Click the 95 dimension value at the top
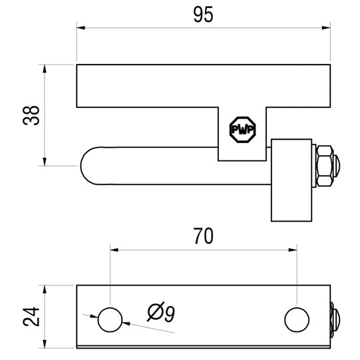[204, 15]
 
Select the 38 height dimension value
[30, 114]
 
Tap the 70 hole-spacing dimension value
[204, 237]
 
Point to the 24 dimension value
[30, 317]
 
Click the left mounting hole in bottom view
[110, 319]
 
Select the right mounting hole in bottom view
[297, 319]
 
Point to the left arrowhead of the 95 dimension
[81, 28]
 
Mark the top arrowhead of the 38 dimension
[45, 69]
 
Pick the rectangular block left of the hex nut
[290, 180]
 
